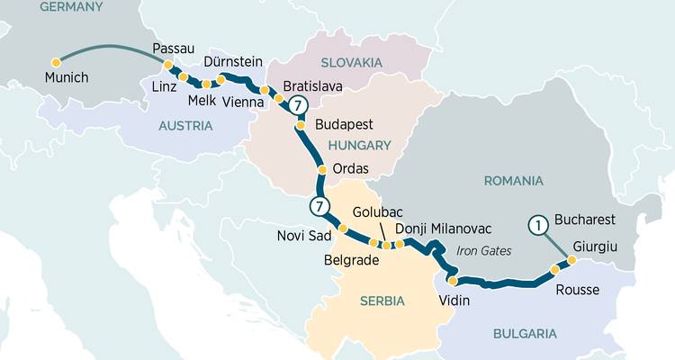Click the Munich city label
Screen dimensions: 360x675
click(x=67, y=78)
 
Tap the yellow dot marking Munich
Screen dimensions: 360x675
click(x=56, y=62)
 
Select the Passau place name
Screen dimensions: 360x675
click(x=174, y=48)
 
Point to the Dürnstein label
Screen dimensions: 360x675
click(x=233, y=62)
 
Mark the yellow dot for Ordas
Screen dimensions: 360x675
click(x=321, y=169)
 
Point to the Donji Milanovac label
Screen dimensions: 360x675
click(x=441, y=229)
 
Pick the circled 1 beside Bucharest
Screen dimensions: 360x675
click(x=538, y=226)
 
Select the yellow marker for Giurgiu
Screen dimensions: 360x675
click(x=572, y=260)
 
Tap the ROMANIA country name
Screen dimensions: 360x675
click(x=513, y=181)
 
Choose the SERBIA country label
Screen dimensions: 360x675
click(x=382, y=301)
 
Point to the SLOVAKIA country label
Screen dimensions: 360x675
click(x=349, y=62)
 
